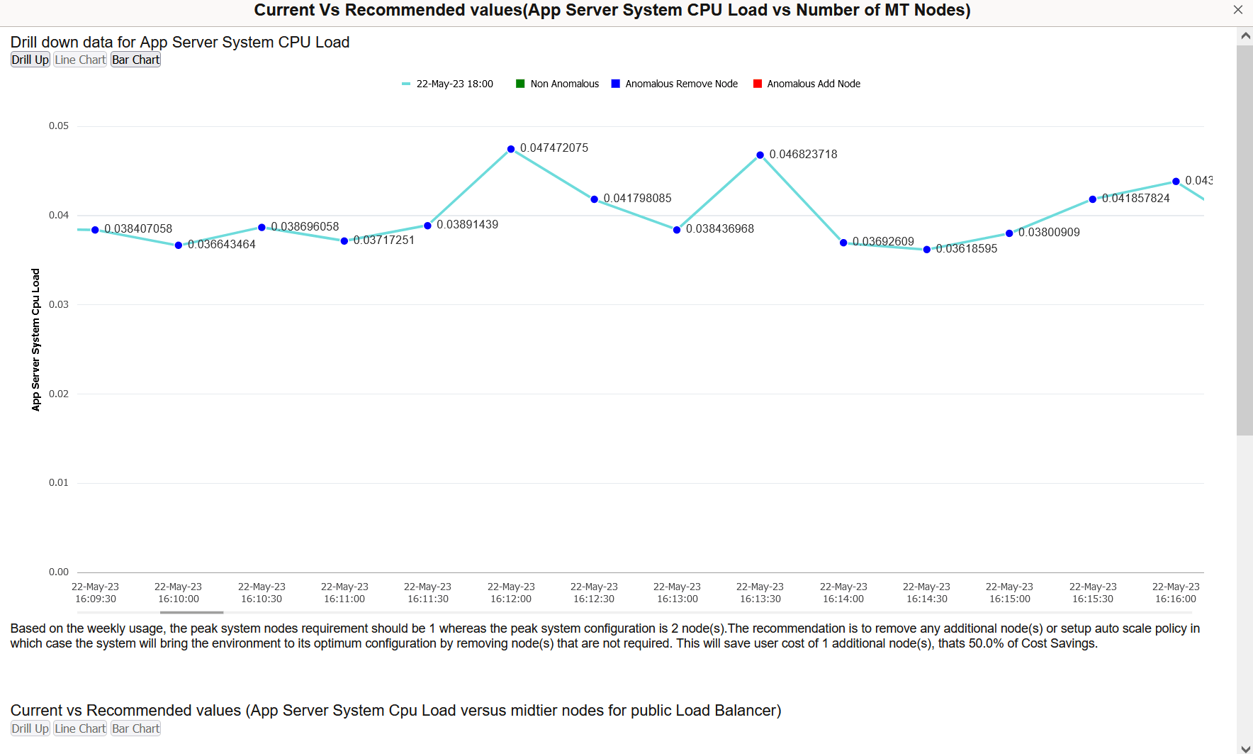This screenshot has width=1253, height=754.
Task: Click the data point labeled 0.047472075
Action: pos(511,149)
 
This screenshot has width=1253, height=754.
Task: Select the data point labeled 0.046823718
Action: pos(760,155)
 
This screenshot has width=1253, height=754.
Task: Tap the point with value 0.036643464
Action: pos(179,245)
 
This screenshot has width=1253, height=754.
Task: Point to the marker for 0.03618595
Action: pos(926,250)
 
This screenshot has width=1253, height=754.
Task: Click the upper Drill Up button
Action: pos(30,60)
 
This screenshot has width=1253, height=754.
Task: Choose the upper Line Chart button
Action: pos(80,60)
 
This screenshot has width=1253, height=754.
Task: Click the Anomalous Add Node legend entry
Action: pos(807,84)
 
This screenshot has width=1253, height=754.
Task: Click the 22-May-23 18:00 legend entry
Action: pos(447,84)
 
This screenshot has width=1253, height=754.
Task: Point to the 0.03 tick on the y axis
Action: pos(59,304)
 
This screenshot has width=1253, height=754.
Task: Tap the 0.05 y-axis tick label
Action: pos(59,126)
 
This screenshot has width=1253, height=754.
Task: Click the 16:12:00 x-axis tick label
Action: pos(511,593)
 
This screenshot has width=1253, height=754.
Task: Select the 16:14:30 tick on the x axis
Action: pos(926,593)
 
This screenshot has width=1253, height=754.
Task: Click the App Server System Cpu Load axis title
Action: pos(35,340)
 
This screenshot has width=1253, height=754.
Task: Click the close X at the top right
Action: pos(1237,10)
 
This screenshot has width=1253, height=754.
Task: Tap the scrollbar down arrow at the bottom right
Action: pos(1245,748)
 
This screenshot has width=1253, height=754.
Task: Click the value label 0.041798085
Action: pos(637,199)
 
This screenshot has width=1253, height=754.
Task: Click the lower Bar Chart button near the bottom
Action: pos(136,728)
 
